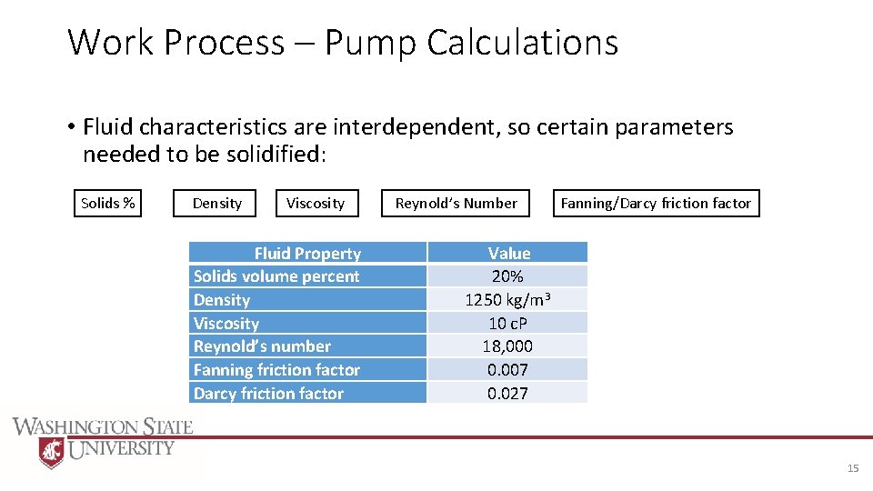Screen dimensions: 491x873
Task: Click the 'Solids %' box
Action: point(108,203)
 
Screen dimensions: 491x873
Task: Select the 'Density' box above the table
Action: point(216,203)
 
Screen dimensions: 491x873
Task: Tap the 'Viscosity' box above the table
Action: point(316,203)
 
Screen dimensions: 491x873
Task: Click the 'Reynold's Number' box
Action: point(456,203)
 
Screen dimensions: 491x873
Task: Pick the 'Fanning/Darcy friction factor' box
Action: point(656,203)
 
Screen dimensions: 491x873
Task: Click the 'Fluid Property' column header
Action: point(307,253)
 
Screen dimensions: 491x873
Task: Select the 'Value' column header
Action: point(508,253)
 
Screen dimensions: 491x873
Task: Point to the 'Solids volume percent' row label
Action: point(276,276)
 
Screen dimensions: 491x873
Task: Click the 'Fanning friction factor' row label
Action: point(276,369)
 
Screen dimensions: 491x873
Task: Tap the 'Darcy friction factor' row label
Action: point(268,393)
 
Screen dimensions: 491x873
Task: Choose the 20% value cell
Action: point(507,276)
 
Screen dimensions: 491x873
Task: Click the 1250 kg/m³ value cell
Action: point(507,300)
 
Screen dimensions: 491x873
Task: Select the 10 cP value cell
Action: point(507,323)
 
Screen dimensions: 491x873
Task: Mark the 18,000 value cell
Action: point(507,346)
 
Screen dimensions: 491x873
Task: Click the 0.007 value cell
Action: point(507,369)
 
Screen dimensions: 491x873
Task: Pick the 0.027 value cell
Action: point(507,393)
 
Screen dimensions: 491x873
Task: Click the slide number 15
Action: point(852,468)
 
